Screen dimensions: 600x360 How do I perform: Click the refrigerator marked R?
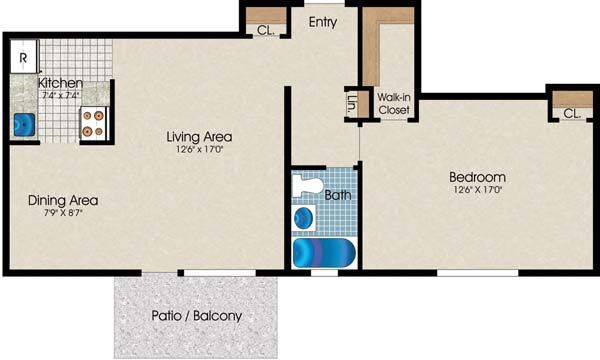coord(24,56)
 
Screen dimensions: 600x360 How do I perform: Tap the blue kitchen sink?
coord(24,125)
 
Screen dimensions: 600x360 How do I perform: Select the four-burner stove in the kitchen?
coord(94,123)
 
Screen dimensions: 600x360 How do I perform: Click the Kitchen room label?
coord(60,83)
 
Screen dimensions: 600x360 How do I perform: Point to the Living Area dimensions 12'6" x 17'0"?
coord(199,149)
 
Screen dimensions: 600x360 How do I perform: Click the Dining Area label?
coord(63,200)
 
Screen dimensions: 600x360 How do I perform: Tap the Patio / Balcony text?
coord(197,316)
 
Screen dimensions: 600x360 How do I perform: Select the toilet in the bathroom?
coord(308,185)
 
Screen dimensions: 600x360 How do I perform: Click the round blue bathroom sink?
coord(304,218)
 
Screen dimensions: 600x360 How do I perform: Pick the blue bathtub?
coord(324,253)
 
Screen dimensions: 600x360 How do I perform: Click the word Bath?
coord(338,195)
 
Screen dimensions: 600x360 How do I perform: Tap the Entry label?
coord(323,22)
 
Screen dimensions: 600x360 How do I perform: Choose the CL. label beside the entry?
coord(266,30)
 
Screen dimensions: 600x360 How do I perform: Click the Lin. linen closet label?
coord(351,104)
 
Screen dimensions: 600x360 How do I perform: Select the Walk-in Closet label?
coord(394,104)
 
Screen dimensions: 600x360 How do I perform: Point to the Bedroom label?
coord(477,177)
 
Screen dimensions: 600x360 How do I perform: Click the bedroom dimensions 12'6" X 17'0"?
coord(478,189)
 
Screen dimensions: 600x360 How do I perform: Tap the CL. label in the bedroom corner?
coord(572,114)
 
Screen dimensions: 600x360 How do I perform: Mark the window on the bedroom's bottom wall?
coord(478,273)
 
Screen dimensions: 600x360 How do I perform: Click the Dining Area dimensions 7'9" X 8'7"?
coord(63,213)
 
